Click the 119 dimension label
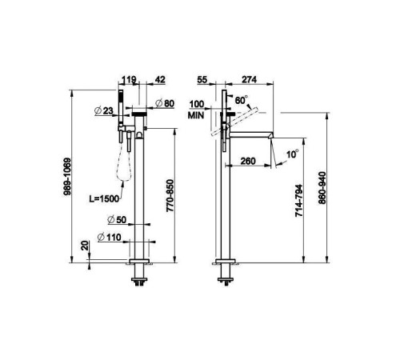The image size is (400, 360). tap(129, 79)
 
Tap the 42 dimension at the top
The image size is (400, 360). tap(159, 79)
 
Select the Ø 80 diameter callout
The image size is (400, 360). tap(165, 103)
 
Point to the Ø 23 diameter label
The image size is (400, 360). tap(104, 110)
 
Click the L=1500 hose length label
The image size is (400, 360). tap(104, 198)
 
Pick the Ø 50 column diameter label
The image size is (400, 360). tap(117, 220)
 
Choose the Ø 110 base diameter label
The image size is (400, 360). tap(110, 237)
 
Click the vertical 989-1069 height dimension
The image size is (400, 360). tap(67, 177)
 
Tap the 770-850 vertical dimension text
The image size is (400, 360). tap(170, 196)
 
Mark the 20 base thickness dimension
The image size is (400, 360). tap(85, 246)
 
